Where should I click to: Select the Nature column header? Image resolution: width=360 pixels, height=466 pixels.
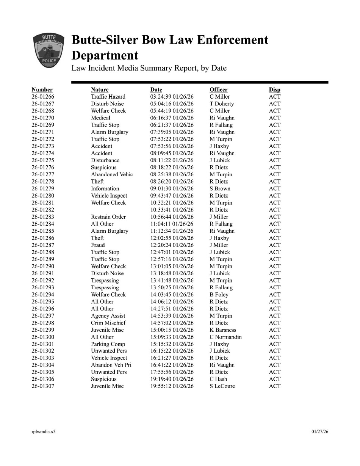(100, 89)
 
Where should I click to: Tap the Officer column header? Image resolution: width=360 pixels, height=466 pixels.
(218, 89)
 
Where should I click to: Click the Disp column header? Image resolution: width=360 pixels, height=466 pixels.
(274, 89)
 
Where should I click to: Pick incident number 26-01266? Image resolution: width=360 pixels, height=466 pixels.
(43, 97)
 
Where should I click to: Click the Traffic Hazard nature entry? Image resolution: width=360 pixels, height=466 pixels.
(108, 97)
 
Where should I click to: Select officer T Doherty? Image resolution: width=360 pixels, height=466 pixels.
(222, 104)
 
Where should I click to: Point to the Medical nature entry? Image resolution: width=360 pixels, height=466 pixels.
(100, 118)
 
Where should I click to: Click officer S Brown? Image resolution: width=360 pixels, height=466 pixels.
(220, 188)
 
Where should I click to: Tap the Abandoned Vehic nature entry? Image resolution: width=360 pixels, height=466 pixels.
(112, 174)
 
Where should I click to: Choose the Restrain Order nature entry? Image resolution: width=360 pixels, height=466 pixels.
(108, 217)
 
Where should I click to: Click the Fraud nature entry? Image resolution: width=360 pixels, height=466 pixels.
(98, 245)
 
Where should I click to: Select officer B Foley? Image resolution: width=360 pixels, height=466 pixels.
(219, 295)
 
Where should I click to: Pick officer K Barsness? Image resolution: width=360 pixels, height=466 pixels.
(223, 330)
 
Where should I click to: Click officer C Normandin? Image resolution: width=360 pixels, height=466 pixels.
(225, 337)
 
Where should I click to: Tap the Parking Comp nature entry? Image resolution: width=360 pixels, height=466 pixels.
(108, 344)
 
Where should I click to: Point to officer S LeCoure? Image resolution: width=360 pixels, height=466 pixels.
(222, 386)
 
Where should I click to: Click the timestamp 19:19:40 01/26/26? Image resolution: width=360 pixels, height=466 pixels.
(172, 379)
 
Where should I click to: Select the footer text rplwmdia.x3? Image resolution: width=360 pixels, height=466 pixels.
(44, 431)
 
